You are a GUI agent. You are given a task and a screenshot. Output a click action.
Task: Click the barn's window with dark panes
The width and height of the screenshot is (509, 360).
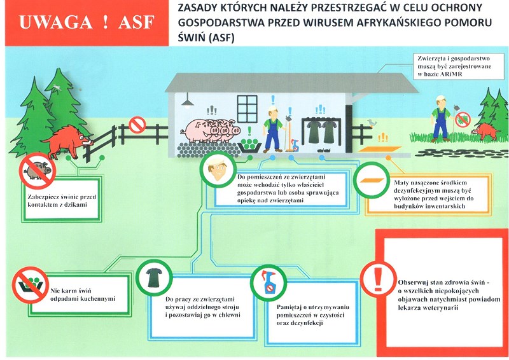tap(249, 106)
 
